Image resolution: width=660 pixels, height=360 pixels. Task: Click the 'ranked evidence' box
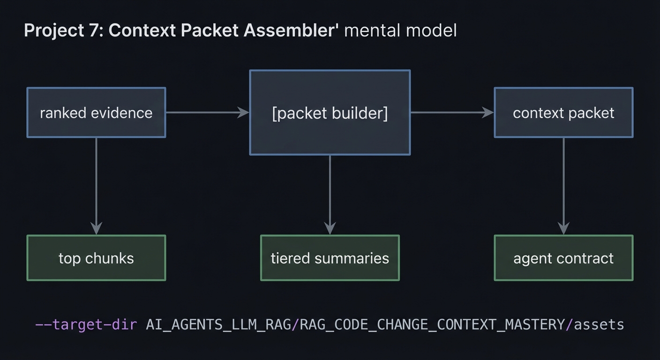[96, 112]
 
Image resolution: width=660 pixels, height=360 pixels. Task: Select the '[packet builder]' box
[330, 112]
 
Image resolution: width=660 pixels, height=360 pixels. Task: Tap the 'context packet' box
[563, 112]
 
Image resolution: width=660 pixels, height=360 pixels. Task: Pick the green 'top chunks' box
[96, 258]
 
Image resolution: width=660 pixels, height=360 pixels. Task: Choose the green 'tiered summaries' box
[330, 258]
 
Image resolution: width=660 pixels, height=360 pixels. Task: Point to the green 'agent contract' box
[563, 258]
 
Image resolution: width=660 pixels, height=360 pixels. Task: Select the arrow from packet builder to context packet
[452, 112]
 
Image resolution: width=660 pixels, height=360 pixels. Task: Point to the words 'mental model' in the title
[400, 30]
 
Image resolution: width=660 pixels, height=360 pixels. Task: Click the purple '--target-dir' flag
[86, 324]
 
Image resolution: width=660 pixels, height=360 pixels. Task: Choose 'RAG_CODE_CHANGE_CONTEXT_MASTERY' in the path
[432, 324]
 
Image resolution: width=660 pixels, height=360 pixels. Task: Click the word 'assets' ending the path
[599, 324]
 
